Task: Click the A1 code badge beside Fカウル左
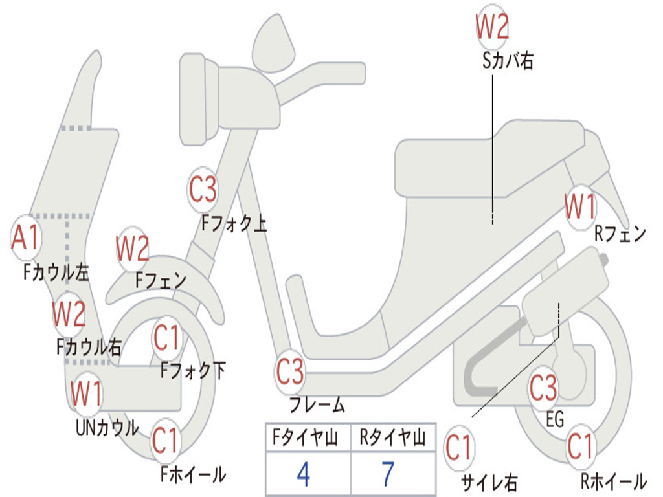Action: click(x=26, y=238)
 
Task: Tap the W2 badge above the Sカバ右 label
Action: click(x=492, y=27)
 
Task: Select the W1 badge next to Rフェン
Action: click(x=579, y=208)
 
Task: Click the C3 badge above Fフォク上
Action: click(x=203, y=190)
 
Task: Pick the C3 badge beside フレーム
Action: click(x=289, y=373)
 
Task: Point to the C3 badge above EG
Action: click(x=543, y=388)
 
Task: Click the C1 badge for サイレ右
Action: click(x=459, y=448)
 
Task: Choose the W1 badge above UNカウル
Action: click(x=86, y=393)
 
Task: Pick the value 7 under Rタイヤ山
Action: click(x=388, y=474)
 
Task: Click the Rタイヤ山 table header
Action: click(x=392, y=439)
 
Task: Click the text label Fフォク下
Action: click(x=193, y=371)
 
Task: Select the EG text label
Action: click(x=555, y=419)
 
